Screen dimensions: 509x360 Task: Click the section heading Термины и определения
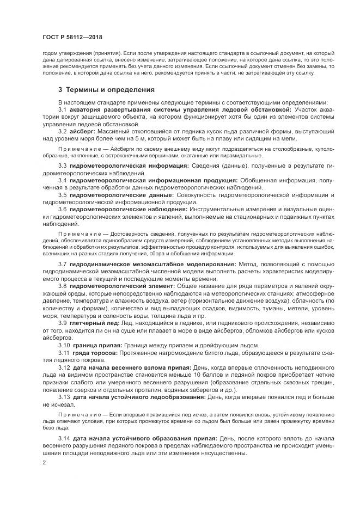[x=110, y=90]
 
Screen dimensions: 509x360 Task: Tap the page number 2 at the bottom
[x=44, y=462]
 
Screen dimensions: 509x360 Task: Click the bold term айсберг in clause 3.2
[x=83, y=132]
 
